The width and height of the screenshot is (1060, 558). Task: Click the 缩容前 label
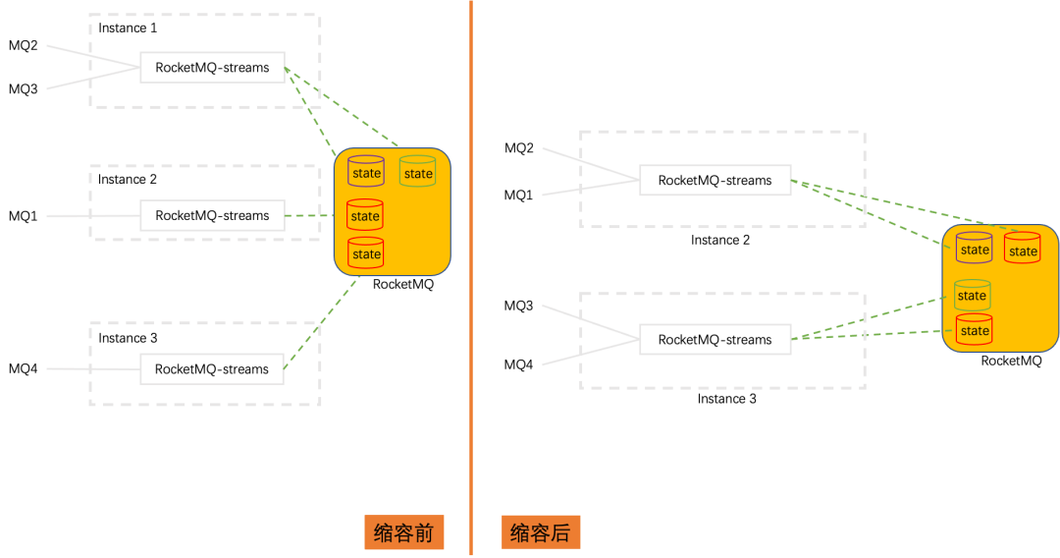403,532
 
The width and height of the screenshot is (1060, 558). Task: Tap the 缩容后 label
541,532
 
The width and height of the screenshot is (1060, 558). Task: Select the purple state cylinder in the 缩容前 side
366,172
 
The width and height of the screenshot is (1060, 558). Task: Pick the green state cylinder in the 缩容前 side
417,172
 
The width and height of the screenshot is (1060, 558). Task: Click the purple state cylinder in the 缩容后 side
975,248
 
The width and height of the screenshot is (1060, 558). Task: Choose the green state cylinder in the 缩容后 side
972,294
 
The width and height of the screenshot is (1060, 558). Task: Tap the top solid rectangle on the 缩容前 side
212,67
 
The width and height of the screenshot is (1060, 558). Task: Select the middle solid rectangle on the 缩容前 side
212,215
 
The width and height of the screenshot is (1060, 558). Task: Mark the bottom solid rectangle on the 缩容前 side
212,368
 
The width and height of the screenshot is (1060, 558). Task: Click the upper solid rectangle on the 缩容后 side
715,180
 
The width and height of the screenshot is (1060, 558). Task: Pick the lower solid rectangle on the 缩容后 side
715,339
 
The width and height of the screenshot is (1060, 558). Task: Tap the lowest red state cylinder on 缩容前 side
366,252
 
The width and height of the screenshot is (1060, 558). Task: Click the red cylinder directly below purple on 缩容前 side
365,214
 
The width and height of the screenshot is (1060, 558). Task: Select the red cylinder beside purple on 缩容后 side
1022,249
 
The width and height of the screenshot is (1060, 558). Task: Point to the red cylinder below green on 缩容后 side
974,329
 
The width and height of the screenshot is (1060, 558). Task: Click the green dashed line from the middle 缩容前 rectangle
309,215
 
